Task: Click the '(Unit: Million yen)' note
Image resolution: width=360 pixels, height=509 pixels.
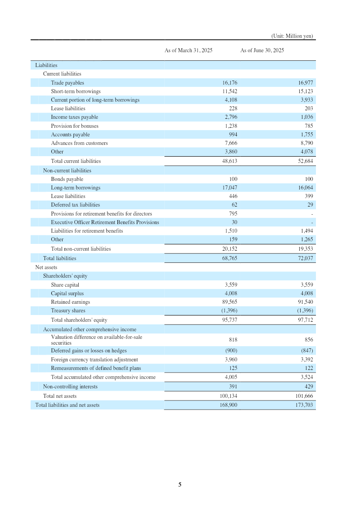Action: coord(292,36)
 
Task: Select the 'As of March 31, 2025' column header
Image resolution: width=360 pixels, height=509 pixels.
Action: coord(189,50)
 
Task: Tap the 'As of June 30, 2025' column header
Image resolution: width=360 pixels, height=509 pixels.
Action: coord(262,50)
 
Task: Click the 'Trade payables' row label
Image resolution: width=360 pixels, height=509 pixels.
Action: coord(67,83)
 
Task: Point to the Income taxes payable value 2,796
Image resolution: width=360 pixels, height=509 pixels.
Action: coord(229,117)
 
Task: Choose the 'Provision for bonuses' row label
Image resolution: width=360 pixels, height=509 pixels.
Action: coord(75,126)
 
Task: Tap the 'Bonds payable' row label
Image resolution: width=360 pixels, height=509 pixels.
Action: coord(67,179)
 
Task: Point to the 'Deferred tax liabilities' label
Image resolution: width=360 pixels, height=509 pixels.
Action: coord(76,205)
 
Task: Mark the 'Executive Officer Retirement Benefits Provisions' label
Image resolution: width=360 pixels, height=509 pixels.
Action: coord(105,222)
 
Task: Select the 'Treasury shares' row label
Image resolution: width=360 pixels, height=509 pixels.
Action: coord(68,311)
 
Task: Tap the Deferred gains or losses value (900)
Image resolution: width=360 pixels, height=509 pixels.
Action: coord(231,351)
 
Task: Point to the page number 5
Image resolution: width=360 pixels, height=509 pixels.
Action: coord(180,485)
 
